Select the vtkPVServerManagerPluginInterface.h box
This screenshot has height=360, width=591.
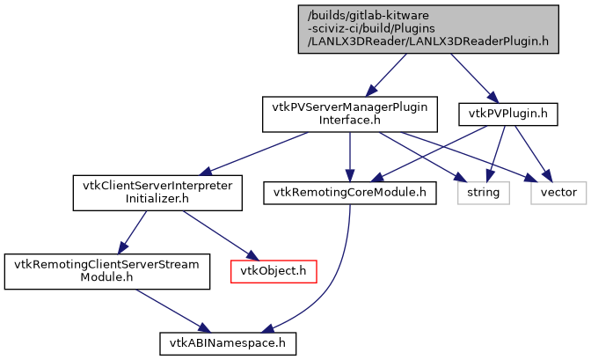click(x=350, y=113)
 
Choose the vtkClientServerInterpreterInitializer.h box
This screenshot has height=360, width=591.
click(x=157, y=192)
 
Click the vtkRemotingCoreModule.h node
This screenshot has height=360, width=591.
click(x=349, y=191)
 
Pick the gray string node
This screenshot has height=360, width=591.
click(x=482, y=191)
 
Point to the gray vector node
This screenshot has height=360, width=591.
click(x=558, y=191)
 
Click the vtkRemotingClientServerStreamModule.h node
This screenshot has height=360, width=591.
click(x=107, y=270)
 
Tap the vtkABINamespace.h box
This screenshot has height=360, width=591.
click(x=227, y=341)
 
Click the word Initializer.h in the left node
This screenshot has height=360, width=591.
click(x=157, y=199)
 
